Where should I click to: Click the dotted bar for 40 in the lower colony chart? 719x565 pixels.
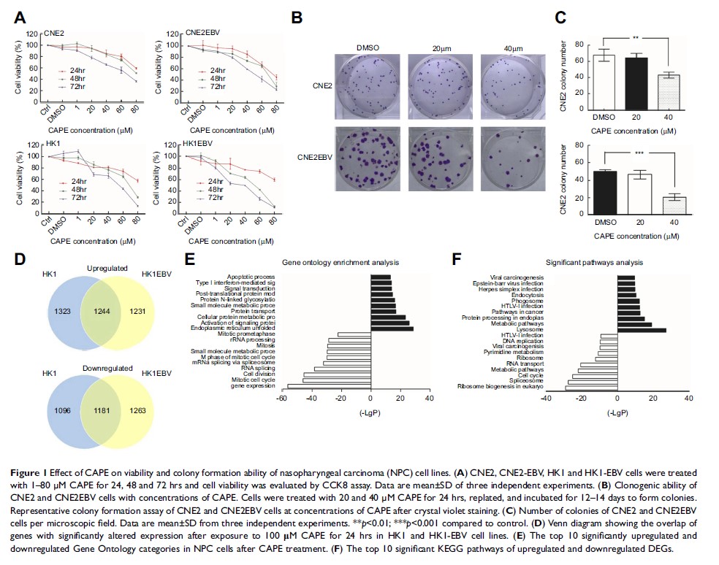[674, 207]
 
